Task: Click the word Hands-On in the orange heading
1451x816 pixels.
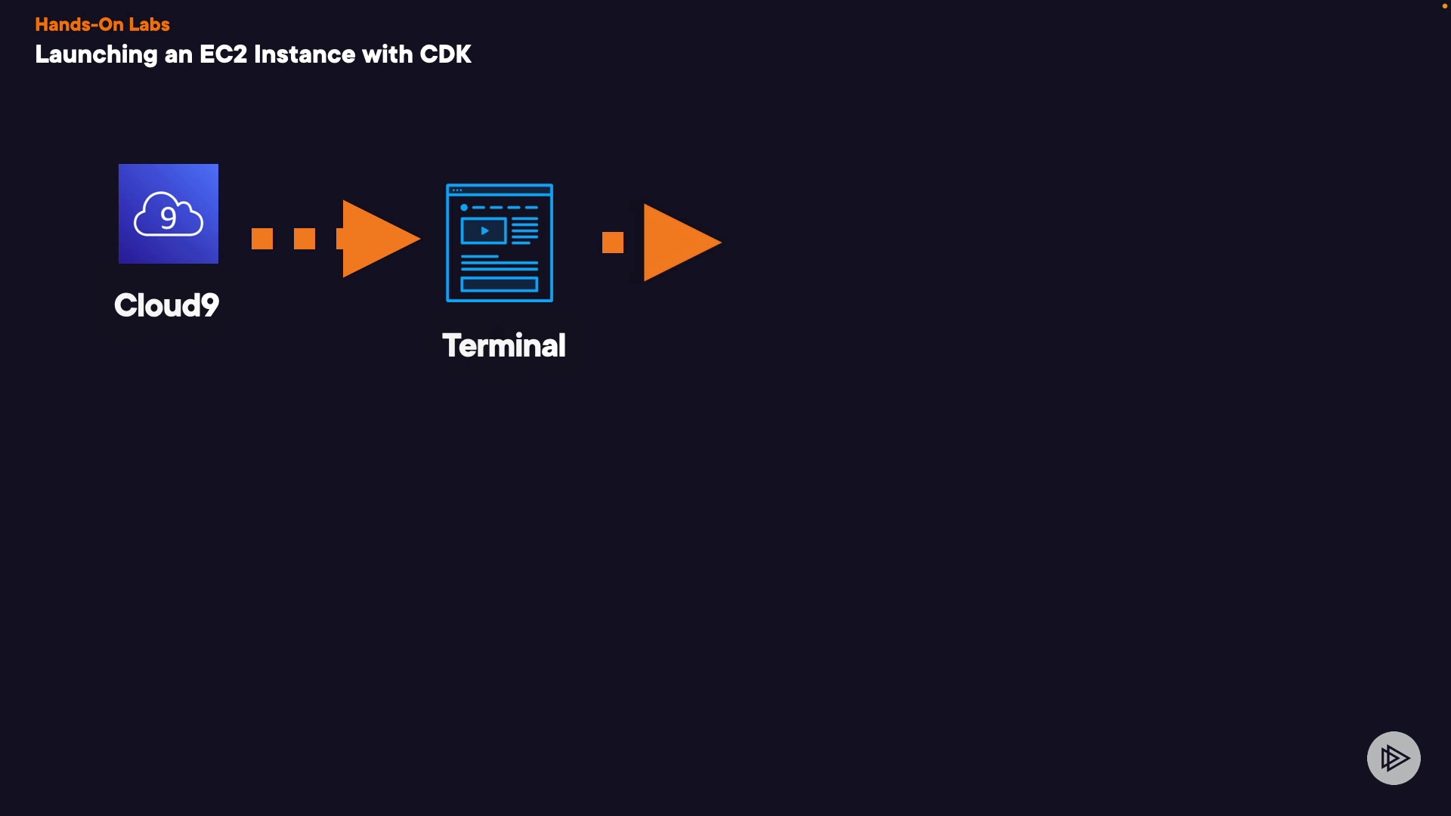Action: tap(79, 25)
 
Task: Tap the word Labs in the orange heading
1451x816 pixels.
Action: tap(149, 25)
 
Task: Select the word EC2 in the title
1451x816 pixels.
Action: tap(223, 55)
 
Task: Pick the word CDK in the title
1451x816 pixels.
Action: tap(445, 55)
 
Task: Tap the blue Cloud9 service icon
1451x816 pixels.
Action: tap(169, 214)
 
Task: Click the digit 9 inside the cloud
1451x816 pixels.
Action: tap(169, 218)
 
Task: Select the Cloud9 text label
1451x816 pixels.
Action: tap(166, 305)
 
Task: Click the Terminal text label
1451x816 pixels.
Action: tap(503, 346)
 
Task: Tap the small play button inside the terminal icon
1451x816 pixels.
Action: tap(484, 230)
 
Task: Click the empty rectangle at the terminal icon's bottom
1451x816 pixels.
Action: tap(499, 285)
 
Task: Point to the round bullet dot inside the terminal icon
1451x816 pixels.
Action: tap(464, 207)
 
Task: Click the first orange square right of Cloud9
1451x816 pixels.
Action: tap(262, 239)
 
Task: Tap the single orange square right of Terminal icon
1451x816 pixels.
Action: tap(613, 243)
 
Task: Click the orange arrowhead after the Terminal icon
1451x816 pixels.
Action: tap(678, 243)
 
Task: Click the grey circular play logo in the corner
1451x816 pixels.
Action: tap(1394, 758)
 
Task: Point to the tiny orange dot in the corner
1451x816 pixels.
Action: tap(1445, 6)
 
